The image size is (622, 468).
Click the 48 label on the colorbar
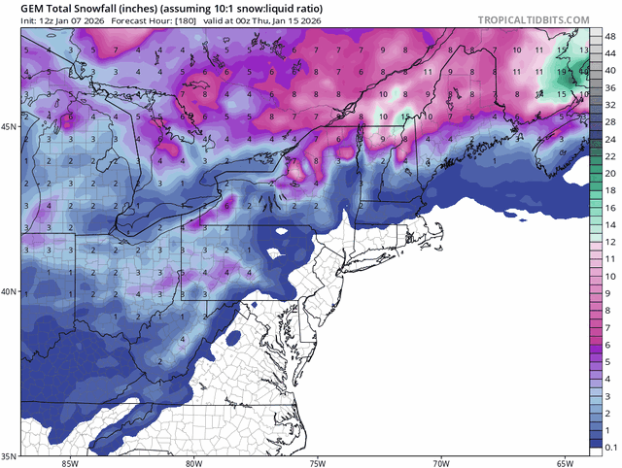point(608,37)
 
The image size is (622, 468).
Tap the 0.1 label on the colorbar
point(610,447)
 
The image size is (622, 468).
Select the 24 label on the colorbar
point(608,140)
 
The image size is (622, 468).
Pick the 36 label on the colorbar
point(608,88)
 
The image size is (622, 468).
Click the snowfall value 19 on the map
point(562,70)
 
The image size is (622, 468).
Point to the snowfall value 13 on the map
point(582,49)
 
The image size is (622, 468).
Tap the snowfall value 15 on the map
point(404,115)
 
